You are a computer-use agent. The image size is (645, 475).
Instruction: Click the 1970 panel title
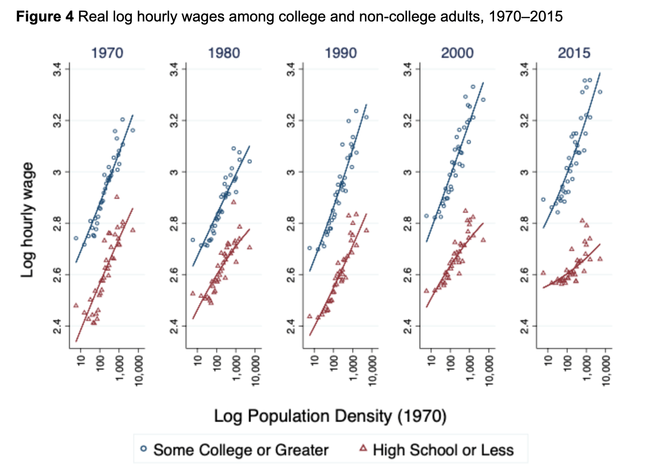107,53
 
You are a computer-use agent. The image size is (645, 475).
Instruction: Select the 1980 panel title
224,53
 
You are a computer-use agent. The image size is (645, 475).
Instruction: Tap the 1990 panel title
341,53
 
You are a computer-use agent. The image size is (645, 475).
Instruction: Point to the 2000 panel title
457,53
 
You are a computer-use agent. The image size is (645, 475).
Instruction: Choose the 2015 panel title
574,53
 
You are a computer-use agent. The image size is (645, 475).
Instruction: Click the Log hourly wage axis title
27,219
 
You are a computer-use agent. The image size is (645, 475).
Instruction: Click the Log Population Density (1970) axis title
330,416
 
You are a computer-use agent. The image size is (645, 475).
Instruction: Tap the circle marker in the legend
144,449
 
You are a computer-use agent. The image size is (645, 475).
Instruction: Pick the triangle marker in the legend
363,449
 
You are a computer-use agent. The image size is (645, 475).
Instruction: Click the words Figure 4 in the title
45,17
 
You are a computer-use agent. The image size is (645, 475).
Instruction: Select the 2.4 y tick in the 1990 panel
291,326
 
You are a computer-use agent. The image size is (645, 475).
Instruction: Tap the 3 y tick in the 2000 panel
408,172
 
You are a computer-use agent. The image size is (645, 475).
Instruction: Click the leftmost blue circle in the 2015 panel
543,199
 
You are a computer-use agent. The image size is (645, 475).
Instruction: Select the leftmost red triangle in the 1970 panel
76,305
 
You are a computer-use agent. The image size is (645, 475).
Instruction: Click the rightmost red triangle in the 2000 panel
483,240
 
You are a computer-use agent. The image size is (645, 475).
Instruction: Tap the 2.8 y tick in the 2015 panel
525,224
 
